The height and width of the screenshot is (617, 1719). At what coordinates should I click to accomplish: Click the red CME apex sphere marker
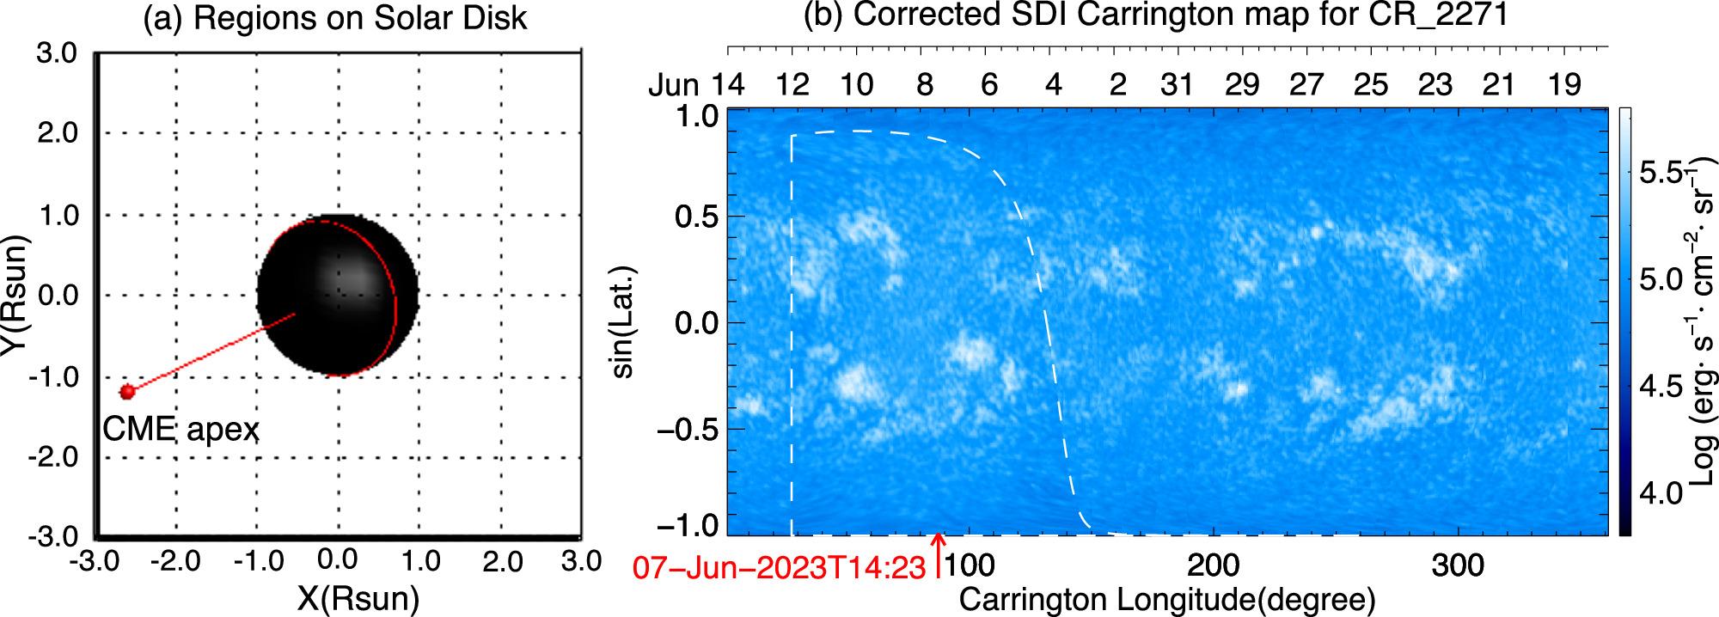pos(128,392)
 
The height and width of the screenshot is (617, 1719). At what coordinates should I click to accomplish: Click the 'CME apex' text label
pos(180,429)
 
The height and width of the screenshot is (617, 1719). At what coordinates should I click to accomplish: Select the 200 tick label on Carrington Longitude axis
pos(1213,565)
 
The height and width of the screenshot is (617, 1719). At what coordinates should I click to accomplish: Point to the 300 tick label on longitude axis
pos(1458,565)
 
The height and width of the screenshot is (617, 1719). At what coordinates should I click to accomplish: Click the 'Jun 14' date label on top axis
pos(696,85)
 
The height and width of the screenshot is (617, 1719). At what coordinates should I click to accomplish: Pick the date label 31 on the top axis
pos(1177,85)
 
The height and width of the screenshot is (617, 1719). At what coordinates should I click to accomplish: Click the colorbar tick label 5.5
pos(1661,173)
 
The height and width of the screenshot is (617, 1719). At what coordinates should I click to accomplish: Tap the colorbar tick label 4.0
pos(1661,493)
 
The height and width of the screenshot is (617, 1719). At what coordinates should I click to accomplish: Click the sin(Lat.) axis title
pos(622,322)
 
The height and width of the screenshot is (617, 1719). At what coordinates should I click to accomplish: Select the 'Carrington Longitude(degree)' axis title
pos(1166,600)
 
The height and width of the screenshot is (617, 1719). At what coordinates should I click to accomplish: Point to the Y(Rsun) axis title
pos(15,295)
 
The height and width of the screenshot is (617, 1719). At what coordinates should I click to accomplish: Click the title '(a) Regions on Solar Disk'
pos(334,18)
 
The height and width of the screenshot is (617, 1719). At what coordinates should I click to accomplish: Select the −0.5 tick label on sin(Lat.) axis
pos(688,430)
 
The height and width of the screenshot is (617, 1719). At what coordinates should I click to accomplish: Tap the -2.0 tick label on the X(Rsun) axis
pos(175,562)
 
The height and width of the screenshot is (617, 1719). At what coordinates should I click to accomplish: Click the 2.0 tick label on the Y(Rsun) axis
pos(58,133)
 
